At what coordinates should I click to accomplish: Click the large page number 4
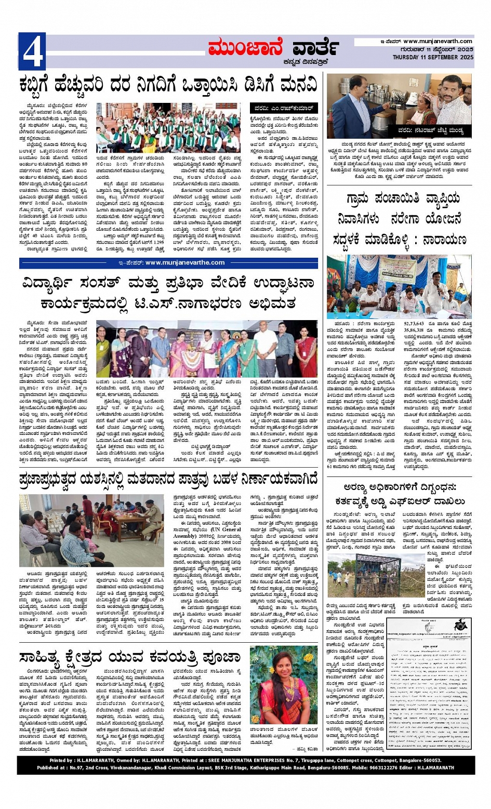tap(32, 51)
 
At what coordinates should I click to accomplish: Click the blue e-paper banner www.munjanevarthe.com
tap(169, 263)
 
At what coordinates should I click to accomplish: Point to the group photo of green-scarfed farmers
tap(168, 127)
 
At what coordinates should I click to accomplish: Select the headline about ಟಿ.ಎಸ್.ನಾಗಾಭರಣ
tap(168, 293)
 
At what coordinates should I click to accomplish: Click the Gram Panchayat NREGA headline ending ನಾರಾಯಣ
tap(399, 219)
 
